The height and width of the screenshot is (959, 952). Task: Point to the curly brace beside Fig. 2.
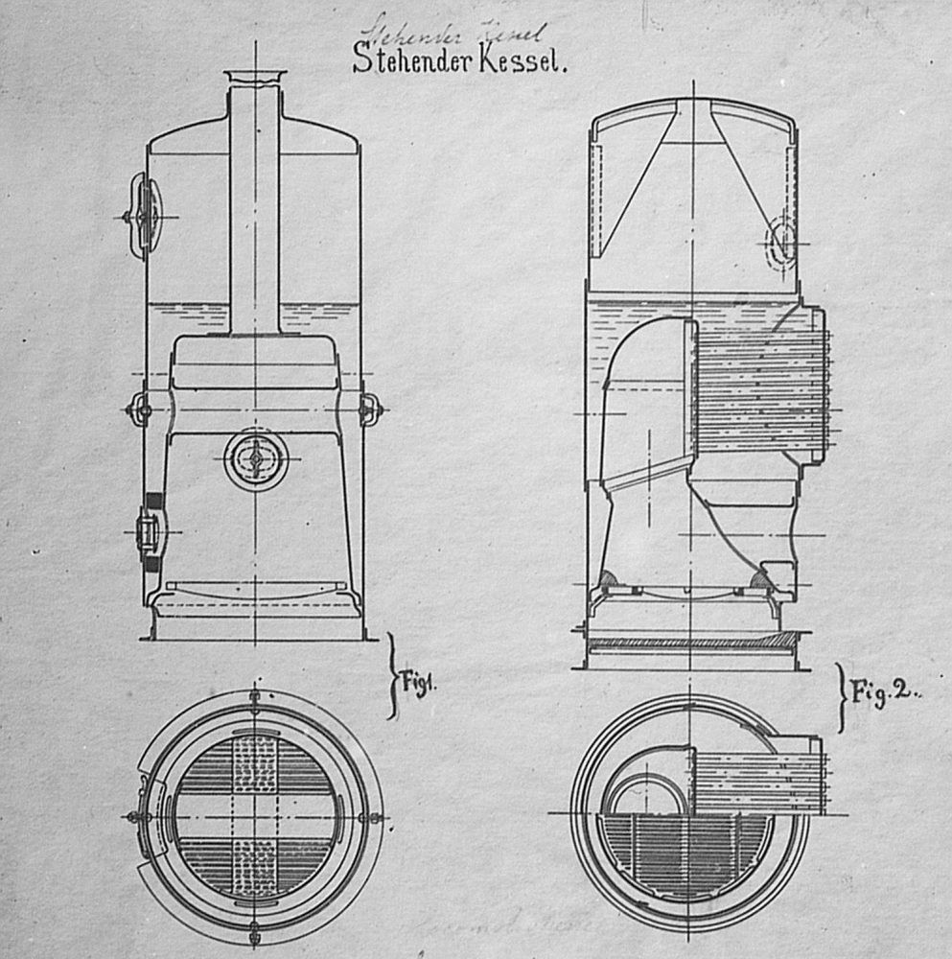842,695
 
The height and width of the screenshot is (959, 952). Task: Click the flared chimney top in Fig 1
255,78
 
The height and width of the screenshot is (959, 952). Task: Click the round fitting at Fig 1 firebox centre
255,457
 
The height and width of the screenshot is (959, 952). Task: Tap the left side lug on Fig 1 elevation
139,409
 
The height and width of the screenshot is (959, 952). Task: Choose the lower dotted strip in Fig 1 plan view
254,867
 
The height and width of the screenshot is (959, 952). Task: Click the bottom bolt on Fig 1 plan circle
254,930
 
